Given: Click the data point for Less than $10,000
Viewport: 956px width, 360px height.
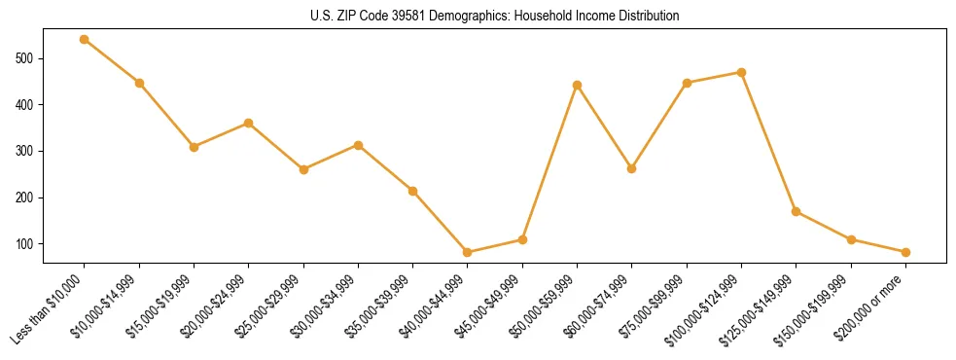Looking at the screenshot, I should [85, 40].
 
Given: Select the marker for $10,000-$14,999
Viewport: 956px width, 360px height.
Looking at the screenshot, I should [139, 83].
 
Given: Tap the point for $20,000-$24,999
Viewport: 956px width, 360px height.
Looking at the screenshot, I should [249, 124].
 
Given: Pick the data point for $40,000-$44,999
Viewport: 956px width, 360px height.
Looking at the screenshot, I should [468, 252].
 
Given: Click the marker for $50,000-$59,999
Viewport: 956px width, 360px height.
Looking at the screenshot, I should [578, 85].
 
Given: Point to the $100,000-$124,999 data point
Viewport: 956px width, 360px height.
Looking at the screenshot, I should [742, 72].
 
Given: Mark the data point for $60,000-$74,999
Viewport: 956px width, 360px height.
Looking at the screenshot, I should [632, 168].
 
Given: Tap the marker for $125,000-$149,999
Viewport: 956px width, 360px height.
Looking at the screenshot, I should [797, 211].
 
